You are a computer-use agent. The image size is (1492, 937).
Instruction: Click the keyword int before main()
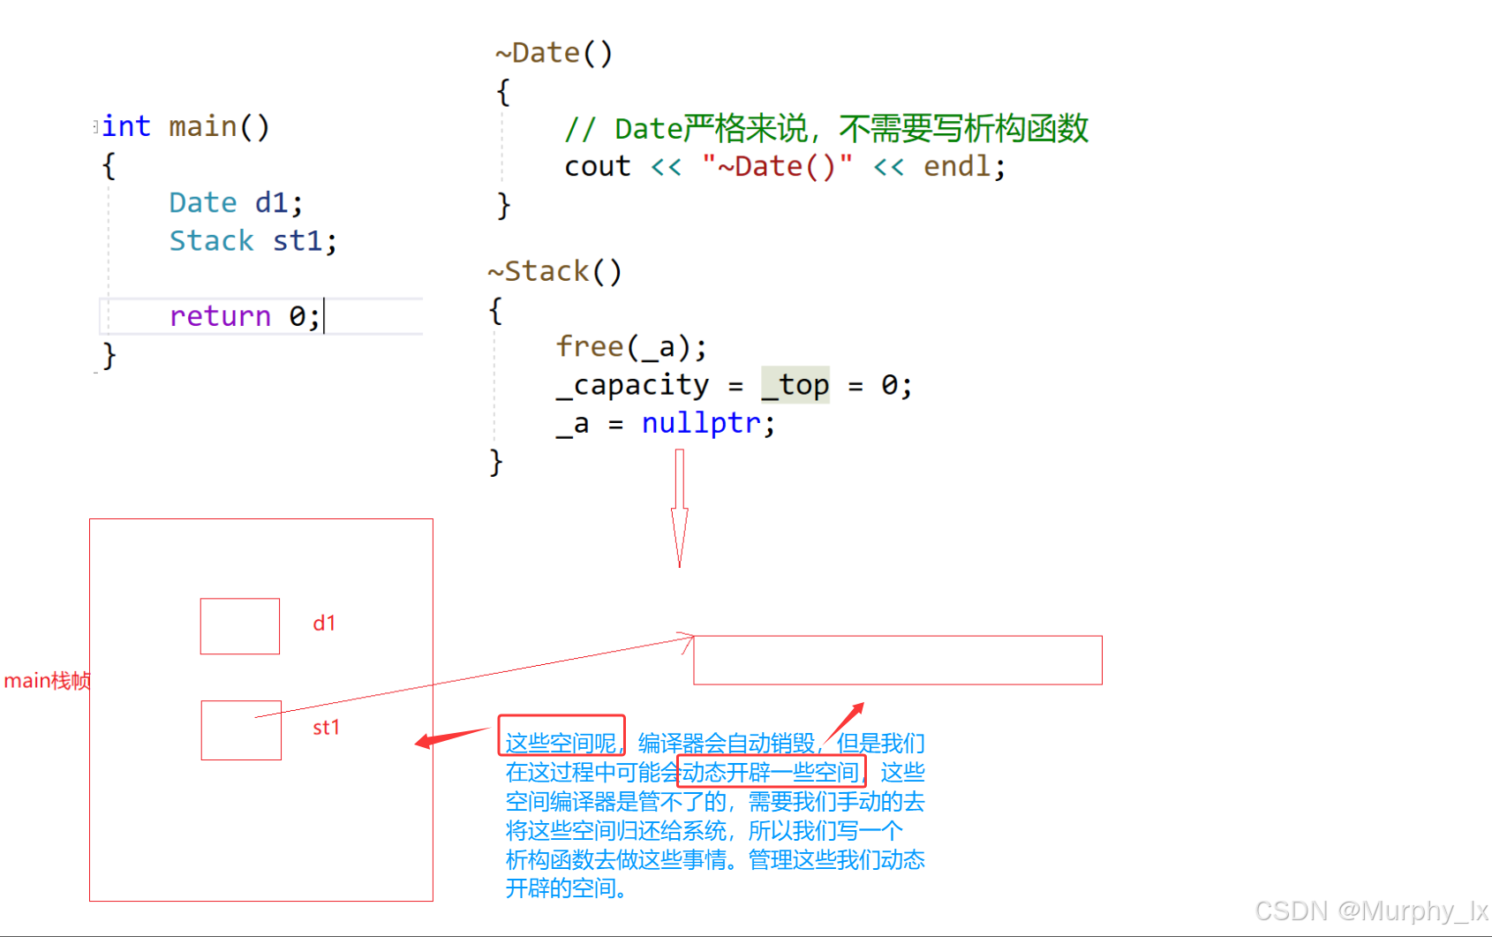click(x=126, y=127)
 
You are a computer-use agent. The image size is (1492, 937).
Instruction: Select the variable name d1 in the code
click(x=273, y=203)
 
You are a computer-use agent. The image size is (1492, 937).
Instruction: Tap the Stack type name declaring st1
click(x=211, y=241)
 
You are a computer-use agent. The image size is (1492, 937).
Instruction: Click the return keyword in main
click(x=220, y=316)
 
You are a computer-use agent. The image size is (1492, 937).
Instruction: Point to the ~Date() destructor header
click(x=554, y=53)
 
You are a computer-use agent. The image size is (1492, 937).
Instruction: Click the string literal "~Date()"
click(x=777, y=167)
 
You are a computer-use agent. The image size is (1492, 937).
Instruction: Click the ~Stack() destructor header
click(x=554, y=271)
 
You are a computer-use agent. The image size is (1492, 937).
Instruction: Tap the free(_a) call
click(x=630, y=347)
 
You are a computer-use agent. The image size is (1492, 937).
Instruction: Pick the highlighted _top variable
click(x=795, y=385)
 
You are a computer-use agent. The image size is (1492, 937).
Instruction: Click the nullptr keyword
click(x=701, y=424)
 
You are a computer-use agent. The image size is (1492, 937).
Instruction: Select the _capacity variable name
click(x=632, y=385)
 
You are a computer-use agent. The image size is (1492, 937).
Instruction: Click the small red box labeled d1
click(x=240, y=626)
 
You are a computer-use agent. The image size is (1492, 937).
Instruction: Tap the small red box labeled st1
click(x=241, y=730)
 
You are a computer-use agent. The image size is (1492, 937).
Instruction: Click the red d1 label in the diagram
click(x=324, y=623)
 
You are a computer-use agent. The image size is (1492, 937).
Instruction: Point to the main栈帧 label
click(x=47, y=681)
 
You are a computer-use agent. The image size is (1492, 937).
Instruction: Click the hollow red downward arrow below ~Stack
click(x=679, y=508)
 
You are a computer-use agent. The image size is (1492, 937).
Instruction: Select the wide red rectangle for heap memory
click(x=898, y=660)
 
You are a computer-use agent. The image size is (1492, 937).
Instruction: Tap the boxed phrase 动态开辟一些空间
click(x=771, y=773)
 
